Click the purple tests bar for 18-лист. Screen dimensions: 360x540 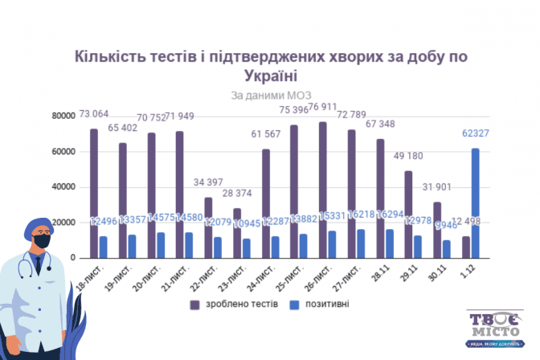[94, 193]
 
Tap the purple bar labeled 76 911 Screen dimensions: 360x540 [322, 190]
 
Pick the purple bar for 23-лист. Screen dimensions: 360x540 [236, 232]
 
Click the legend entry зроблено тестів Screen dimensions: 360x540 [234, 305]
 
